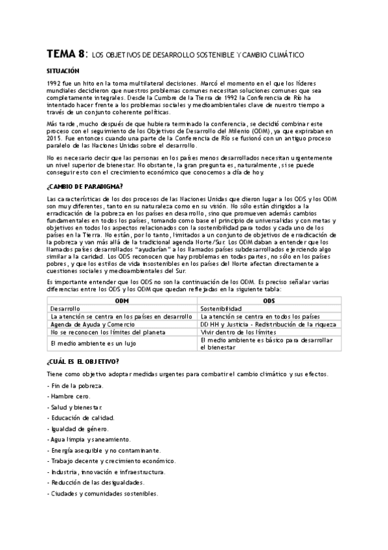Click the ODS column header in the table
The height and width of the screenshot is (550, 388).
(269, 302)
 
